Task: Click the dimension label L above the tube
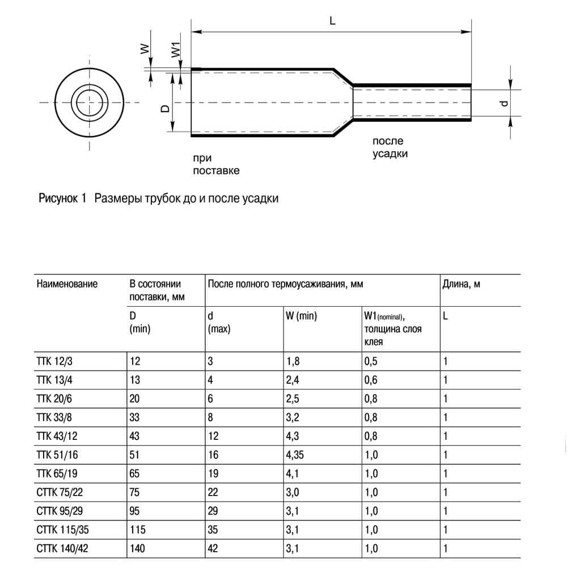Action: (x=332, y=20)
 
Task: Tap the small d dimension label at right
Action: (x=502, y=103)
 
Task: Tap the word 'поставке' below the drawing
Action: (x=216, y=171)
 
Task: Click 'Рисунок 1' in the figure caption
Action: (x=61, y=199)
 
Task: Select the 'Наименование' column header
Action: (x=67, y=284)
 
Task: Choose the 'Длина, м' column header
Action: (x=461, y=284)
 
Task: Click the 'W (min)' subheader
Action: (x=302, y=316)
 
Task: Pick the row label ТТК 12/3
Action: (x=54, y=362)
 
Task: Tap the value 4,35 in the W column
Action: (x=298, y=455)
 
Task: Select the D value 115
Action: (x=138, y=530)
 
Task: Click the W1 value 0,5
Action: (x=372, y=362)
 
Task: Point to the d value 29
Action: (x=213, y=511)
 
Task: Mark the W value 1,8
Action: (x=294, y=362)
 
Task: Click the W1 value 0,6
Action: (x=372, y=380)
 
